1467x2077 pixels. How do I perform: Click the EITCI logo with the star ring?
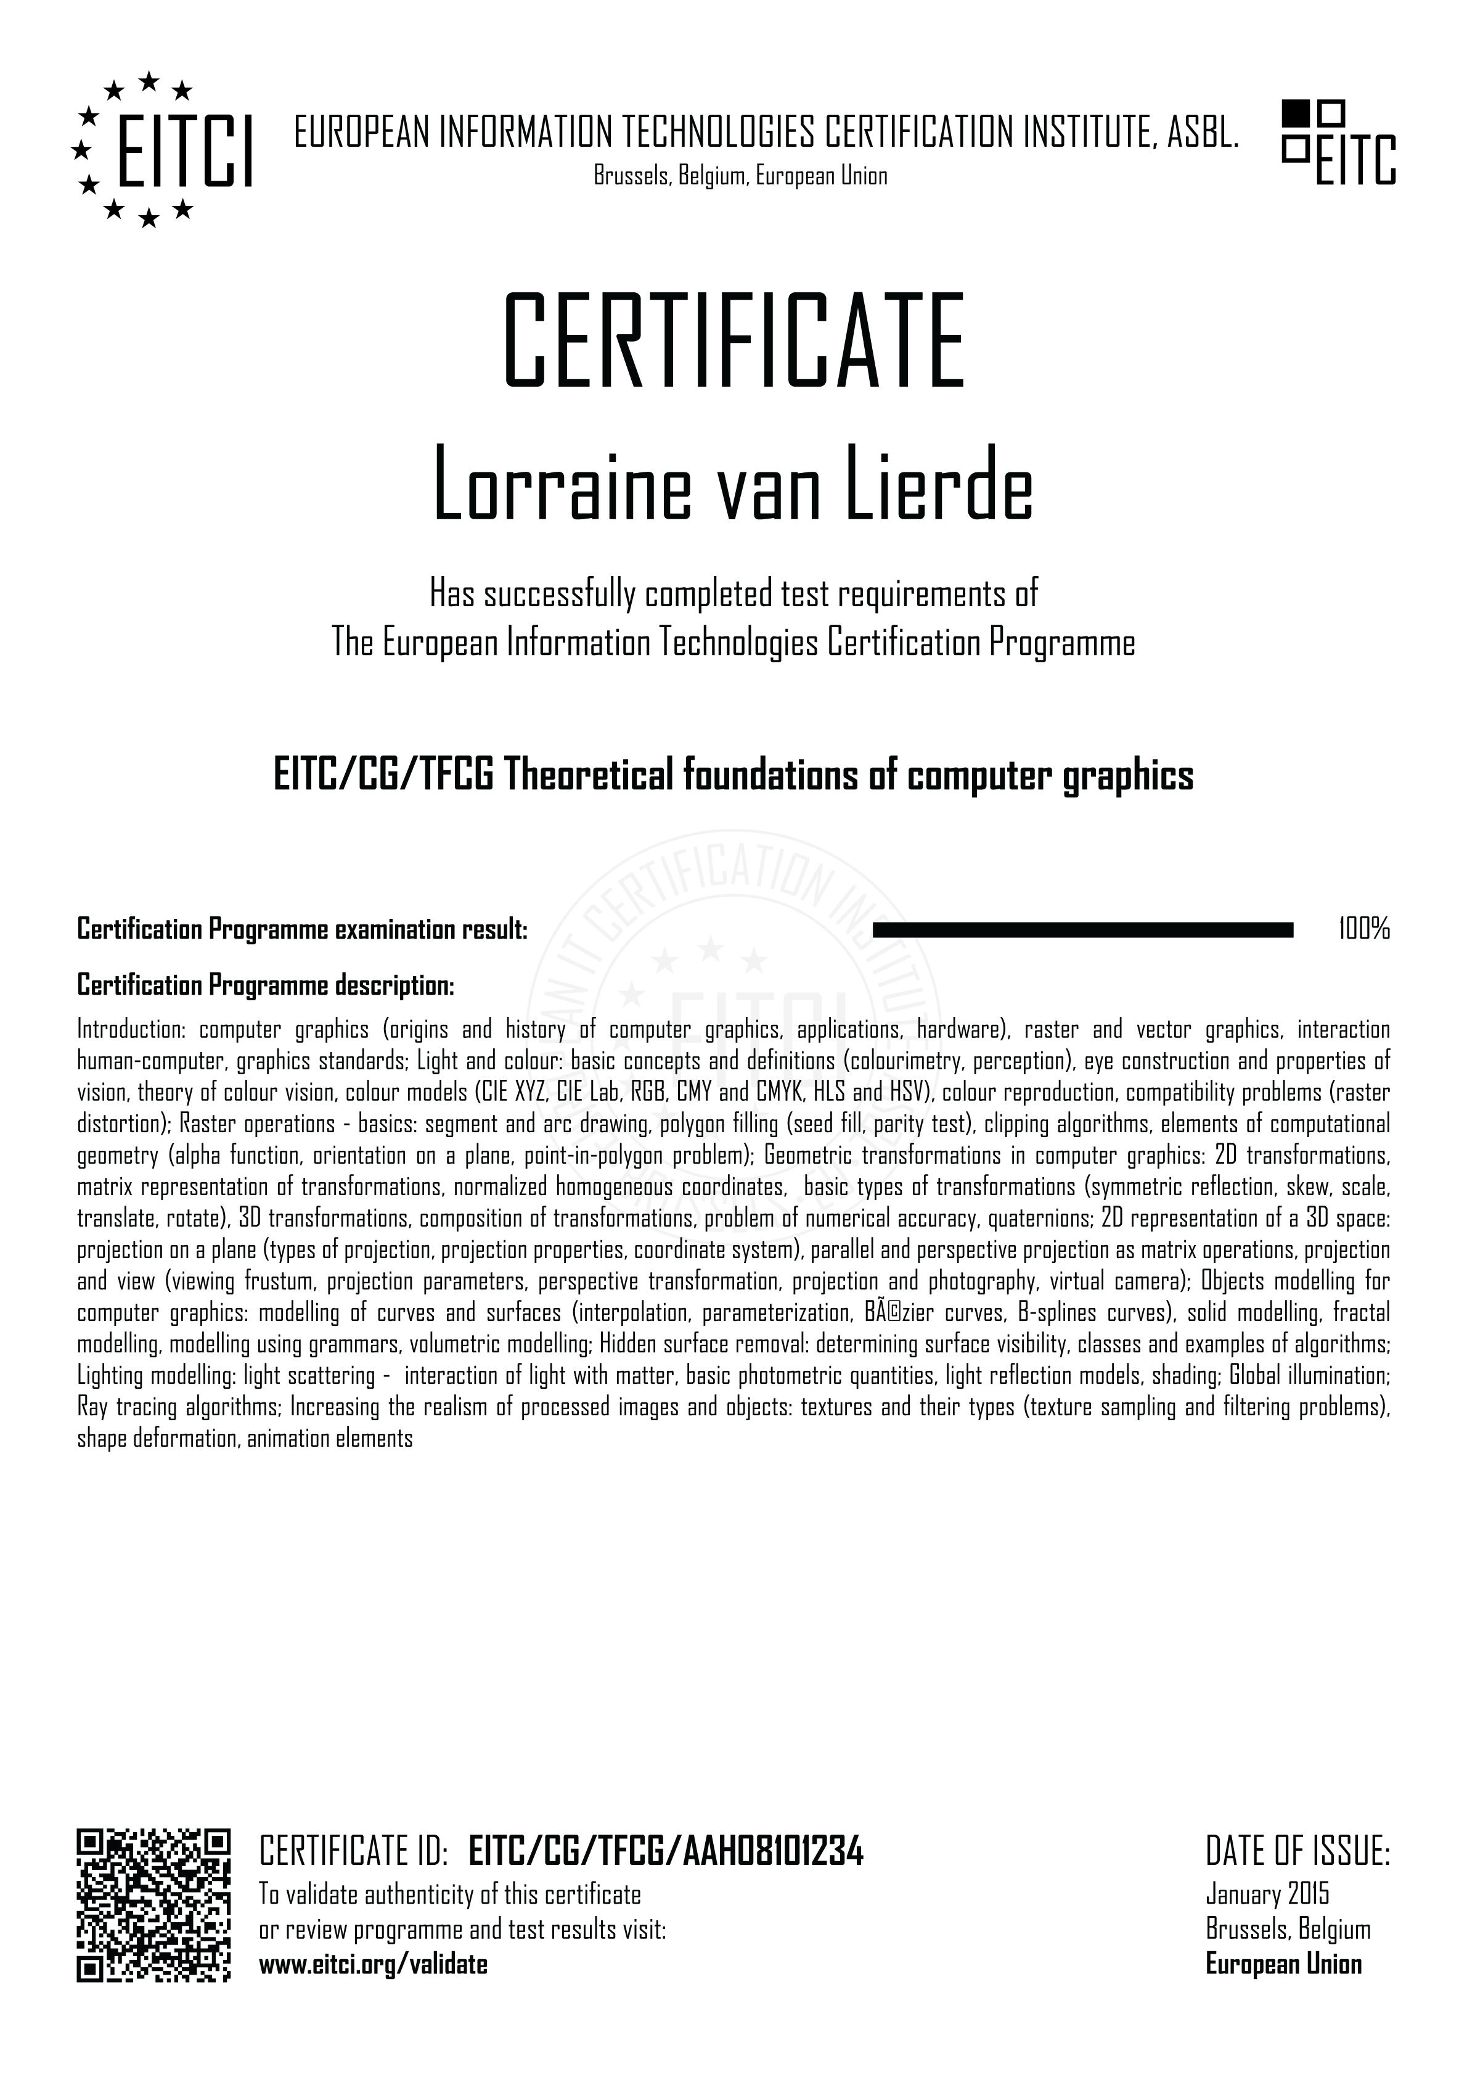pyautogui.click(x=161, y=150)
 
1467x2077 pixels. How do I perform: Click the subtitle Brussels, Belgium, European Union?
pyautogui.click(x=740, y=176)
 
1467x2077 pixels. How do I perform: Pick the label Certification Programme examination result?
pyautogui.click(x=302, y=929)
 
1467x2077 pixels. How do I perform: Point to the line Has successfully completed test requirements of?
pyautogui.click(x=733, y=594)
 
